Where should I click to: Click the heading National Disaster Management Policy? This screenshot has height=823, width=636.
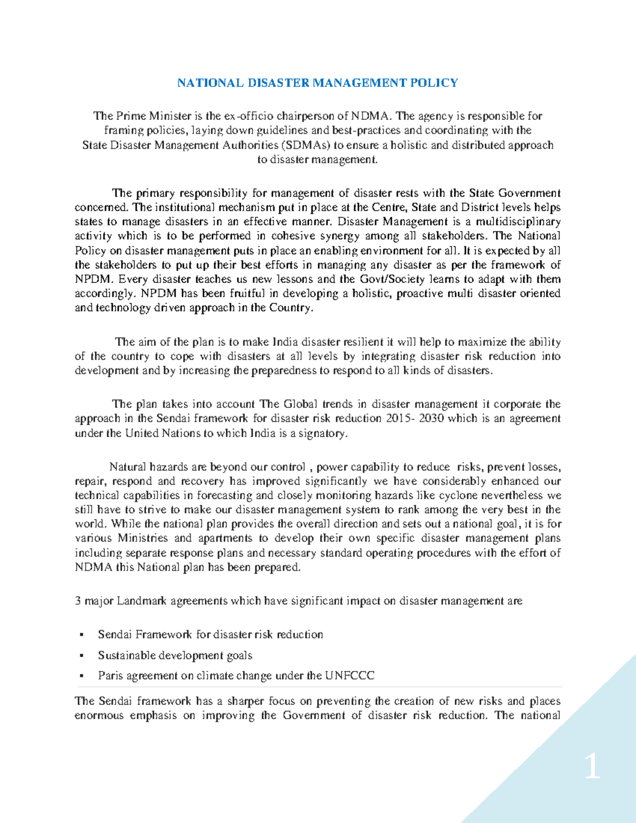[317, 83]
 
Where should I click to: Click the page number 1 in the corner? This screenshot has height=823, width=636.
[593, 767]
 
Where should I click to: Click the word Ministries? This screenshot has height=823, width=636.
[142, 538]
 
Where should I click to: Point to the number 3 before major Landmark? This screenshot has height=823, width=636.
[78, 601]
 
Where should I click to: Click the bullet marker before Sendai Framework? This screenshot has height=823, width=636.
[81, 635]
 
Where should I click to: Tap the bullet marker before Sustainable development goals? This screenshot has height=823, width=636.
[81, 656]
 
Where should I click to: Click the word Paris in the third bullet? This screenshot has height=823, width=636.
[110, 676]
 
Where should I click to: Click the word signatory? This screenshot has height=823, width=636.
[323, 433]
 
